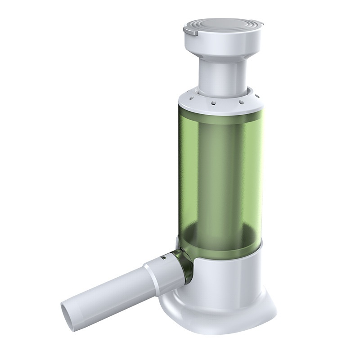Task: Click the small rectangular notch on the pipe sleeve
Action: (x=163, y=259)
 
